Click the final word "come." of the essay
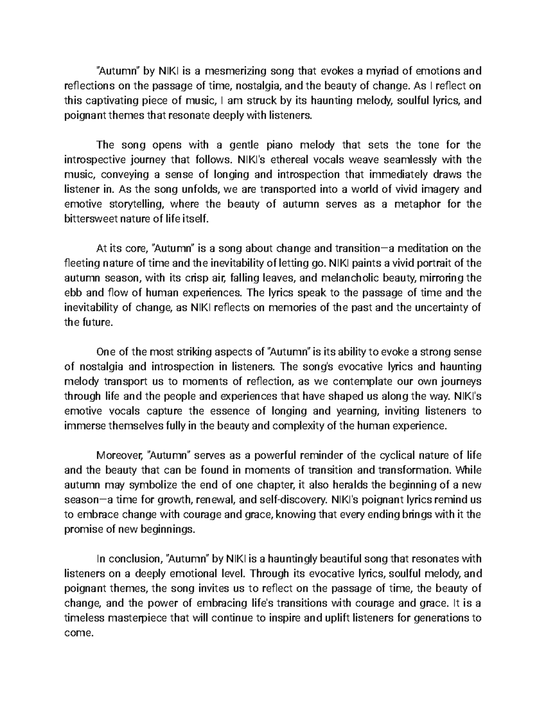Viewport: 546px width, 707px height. coord(79,633)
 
